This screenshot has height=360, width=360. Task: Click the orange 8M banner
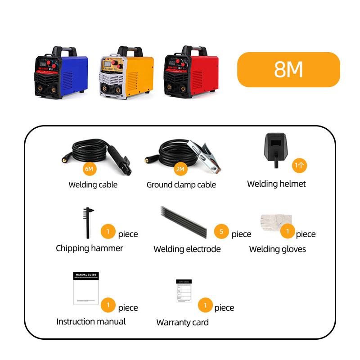pyautogui.click(x=288, y=69)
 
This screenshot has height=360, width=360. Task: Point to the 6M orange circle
pyautogui.click(x=89, y=169)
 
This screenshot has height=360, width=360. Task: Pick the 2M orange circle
pyautogui.click(x=180, y=169)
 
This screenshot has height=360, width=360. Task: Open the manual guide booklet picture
pyautogui.click(x=85, y=288)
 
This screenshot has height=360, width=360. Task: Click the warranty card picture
pyautogui.click(x=184, y=291)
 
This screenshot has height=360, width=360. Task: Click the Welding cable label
pyautogui.click(x=93, y=184)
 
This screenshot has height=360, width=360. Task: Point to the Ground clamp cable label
pyautogui.click(x=181, y=185)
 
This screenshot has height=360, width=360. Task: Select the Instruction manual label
pyautogui.click(x=91, y=321)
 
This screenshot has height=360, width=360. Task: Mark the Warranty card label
pyautogui.click(x=182, y=322)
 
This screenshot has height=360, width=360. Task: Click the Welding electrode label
pyautogui.click(x=187, y=249)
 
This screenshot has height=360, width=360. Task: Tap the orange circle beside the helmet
pyautogui.click(x=299, y=165)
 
